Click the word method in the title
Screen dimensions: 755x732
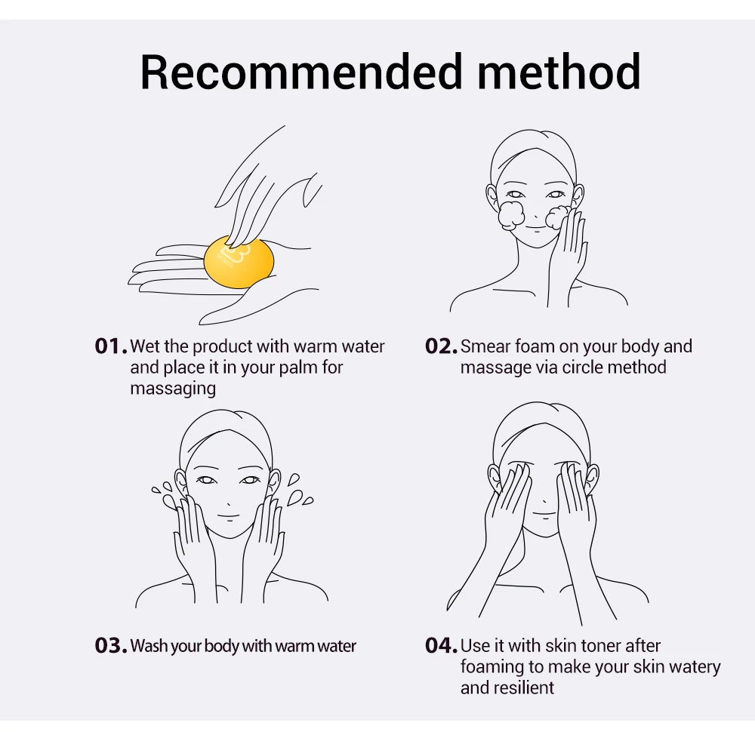point(559,72)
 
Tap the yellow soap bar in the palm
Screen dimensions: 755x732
point(239,263)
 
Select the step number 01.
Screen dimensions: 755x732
point(111,346)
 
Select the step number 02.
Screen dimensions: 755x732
point(441,346)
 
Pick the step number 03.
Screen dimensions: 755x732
point(111,645)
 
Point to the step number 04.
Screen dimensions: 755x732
point(441,645)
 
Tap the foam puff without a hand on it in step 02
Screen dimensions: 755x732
point(511,216)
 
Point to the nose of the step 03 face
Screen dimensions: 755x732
point(228,504)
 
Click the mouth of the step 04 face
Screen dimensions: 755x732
point(544,513)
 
